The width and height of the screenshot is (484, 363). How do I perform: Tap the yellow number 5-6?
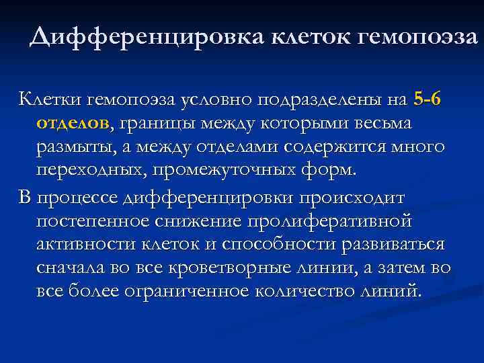428,100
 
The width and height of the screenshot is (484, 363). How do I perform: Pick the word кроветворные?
234,268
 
